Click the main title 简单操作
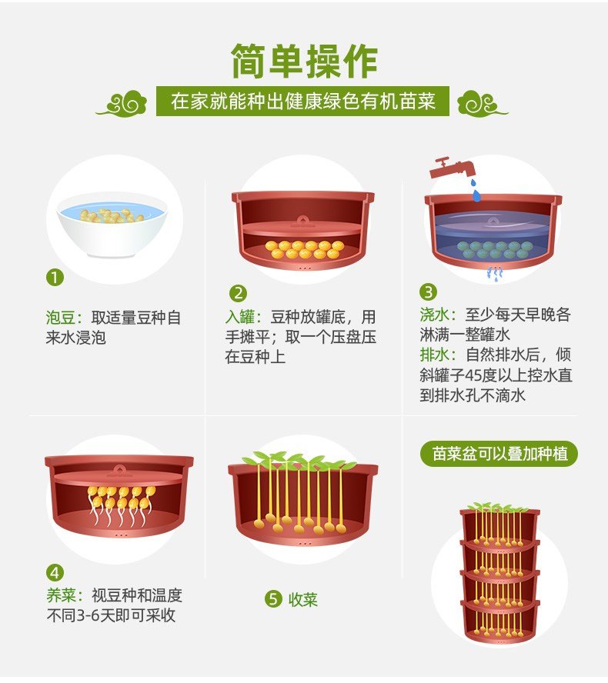click(x=304, y=62)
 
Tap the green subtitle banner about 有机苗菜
click(x=302, y=102)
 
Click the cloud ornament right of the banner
click(x=483, y=103)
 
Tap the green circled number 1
click(x=55, y=277)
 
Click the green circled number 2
click(x=238, y=293)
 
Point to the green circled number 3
click(x=428, y=292)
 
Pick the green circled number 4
click(x=55, y=573)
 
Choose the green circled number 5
click(x=273, y=599)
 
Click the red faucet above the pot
click(x=453, y=168)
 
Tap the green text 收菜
click(x=303, y=600)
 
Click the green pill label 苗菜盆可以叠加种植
click(x=499, y=454)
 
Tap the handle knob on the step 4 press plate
click(x=119, y=469)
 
